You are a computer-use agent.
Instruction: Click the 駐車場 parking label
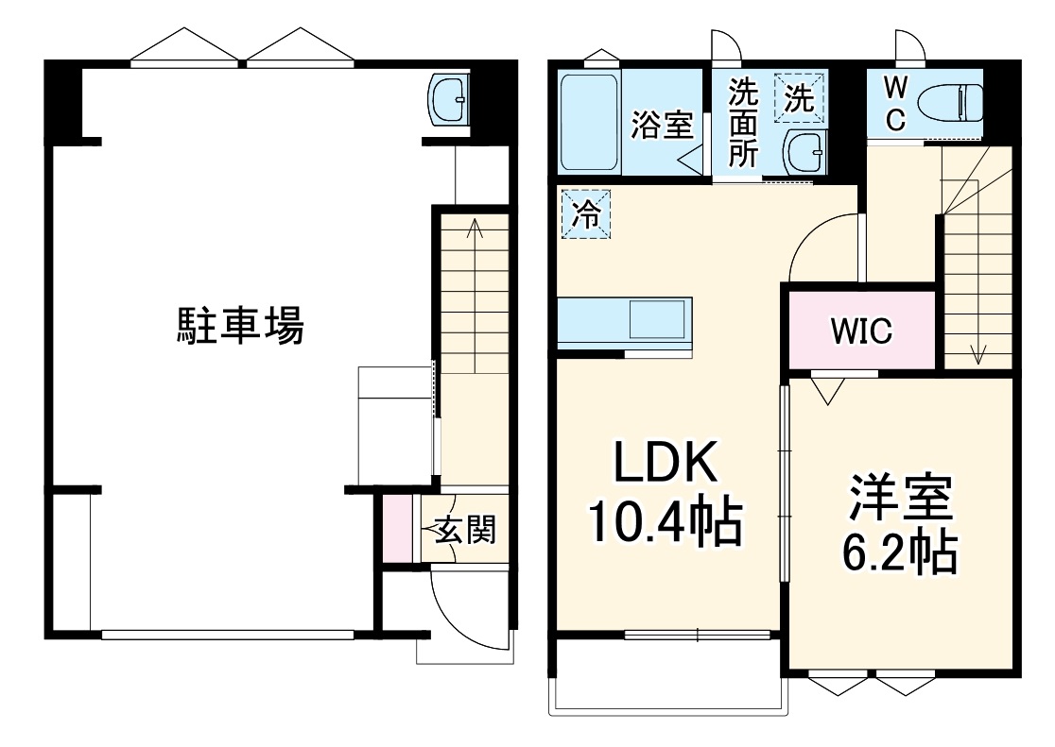tap(241, 328)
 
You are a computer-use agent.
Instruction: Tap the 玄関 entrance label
tap(464, 532)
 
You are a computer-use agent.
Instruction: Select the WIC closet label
tap(861, 331)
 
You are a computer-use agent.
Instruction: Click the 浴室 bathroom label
tap(662, 126)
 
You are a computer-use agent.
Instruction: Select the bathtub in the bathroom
tap(589, 123)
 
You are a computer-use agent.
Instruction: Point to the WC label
tap(895, 103)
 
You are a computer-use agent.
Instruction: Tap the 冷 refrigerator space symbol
tap(585, 214)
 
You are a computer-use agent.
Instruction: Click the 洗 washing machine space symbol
tap(800, 97)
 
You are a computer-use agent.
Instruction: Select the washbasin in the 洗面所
tap(804, 151)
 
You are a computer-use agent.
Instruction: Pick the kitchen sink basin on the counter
tap(658, 321)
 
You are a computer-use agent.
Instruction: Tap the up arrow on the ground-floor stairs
tap(474, 228)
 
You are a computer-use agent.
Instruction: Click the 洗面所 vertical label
tap(743, 124)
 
